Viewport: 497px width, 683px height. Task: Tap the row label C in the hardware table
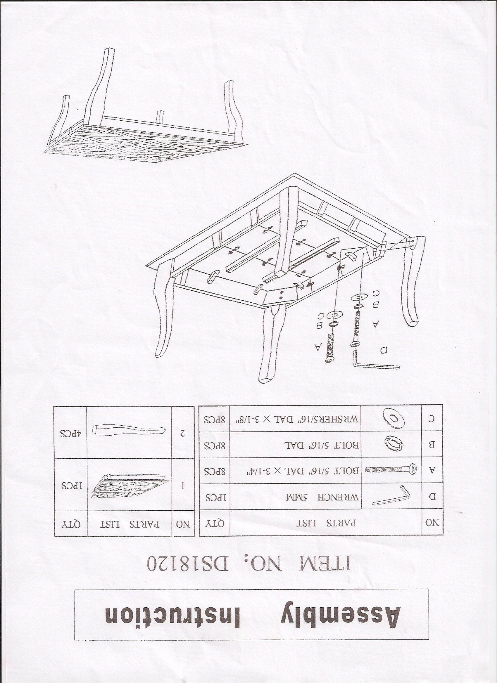[x=432, y=419]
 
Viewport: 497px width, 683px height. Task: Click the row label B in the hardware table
[x=432, y=445]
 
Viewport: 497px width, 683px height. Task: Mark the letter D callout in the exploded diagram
[x=384, y=350]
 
